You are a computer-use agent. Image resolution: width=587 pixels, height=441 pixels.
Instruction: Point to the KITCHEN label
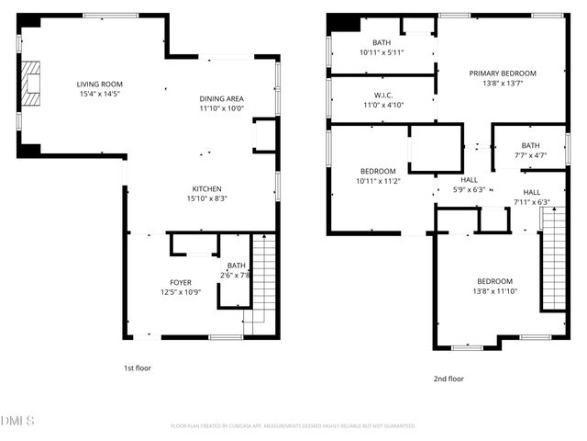point(206,188)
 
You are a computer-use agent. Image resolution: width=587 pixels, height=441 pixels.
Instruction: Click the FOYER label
point(181,282)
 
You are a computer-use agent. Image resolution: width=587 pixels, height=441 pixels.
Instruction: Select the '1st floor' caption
point(138,367)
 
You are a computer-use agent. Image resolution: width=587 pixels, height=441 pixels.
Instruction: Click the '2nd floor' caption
point(448,378)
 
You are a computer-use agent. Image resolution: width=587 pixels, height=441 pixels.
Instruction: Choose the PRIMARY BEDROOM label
point(503,73)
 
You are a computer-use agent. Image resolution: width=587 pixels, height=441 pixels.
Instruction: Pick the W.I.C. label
point(383,95)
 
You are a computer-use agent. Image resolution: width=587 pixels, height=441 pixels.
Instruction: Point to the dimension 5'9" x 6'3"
point(470,190)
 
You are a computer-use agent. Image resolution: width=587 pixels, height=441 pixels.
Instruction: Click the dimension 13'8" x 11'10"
point(494,291)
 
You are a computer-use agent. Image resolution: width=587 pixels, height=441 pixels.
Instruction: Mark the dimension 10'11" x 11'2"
point(378,181)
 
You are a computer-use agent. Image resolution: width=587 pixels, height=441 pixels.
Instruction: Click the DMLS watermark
point(18,421)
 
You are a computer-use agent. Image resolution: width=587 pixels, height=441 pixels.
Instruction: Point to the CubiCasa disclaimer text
point(293,426)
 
